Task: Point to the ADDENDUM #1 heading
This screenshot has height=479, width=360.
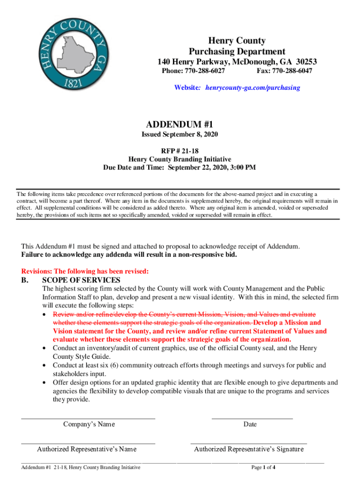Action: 180,124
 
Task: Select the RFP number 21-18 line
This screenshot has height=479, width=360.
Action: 180,151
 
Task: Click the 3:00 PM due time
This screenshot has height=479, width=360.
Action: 242,167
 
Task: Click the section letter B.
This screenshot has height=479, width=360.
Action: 24,280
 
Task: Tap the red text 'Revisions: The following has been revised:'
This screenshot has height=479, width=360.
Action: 85,271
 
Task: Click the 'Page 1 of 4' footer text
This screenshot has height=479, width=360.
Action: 263,467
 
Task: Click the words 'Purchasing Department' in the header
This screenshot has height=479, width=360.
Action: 237,51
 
